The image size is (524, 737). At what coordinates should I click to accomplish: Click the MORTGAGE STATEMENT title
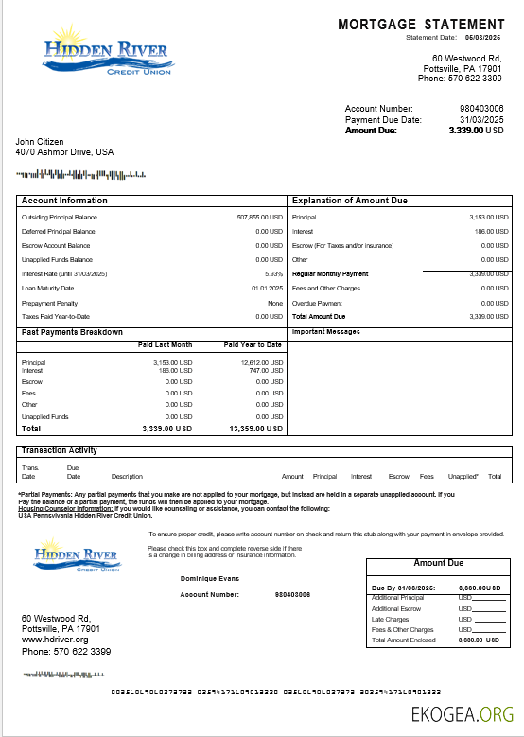421,24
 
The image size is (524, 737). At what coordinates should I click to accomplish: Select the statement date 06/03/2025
485,37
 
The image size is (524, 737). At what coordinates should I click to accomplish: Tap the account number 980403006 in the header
481,109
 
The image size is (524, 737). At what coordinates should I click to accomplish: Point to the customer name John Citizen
40,141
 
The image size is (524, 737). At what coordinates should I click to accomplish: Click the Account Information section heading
64,201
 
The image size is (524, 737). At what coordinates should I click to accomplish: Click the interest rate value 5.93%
273,273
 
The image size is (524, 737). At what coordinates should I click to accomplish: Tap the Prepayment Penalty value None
275,302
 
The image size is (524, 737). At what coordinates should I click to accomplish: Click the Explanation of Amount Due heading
349,201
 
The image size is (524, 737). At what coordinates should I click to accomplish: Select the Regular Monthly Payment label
330,273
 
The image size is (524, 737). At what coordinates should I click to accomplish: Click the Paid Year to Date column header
253,345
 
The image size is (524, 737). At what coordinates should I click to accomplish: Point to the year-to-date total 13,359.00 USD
255,429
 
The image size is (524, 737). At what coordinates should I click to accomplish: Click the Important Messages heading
327,332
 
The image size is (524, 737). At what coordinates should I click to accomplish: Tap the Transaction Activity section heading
59,450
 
